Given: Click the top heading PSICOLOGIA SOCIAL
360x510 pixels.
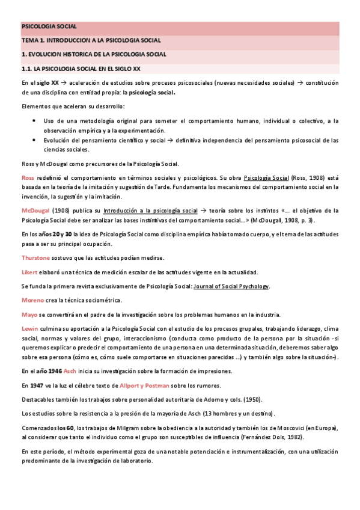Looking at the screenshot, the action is [x=49, y=27].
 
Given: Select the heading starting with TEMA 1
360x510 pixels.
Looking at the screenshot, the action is [x=91, y=41].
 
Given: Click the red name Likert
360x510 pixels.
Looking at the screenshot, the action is [x=29, y=272].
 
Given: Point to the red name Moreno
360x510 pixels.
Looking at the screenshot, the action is [x=32, y=300].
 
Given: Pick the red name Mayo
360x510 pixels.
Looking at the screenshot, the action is [x=29, y=315].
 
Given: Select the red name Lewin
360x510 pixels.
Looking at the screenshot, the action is [x=29, y=329].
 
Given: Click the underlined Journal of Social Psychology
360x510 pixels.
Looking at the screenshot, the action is [x=231, y=286].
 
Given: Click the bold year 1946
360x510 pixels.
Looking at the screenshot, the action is [x=52, y=371].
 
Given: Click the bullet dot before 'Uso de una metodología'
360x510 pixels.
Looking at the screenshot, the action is [x=34, y=121].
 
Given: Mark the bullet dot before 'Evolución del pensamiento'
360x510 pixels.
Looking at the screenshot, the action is [x=34, y=140].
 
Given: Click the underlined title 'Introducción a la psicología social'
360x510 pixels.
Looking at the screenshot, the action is [x=150, y=210].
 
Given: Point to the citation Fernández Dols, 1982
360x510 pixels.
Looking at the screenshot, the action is [x=272, y=437].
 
